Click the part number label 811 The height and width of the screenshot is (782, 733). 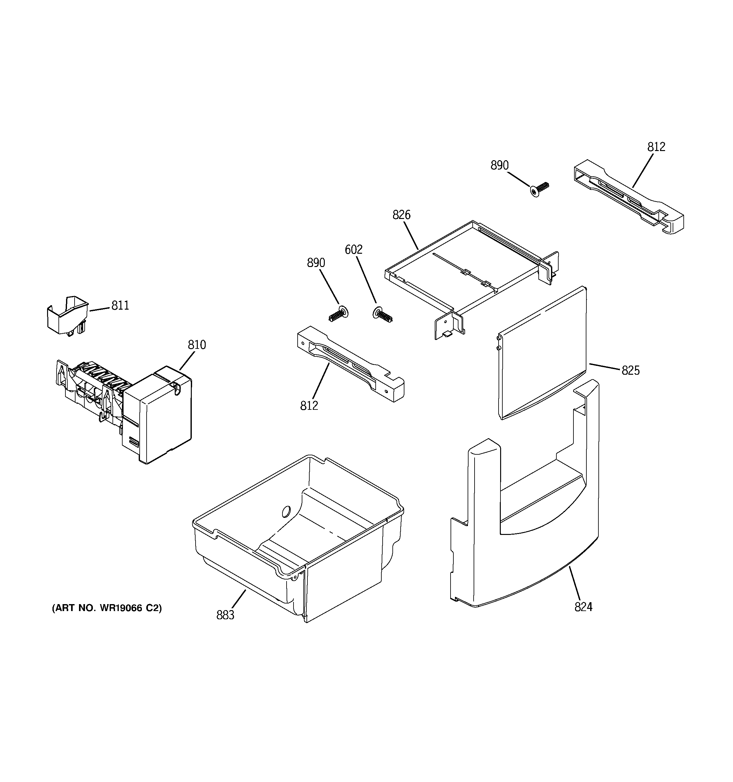tap(120, 305)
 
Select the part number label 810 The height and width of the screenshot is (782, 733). tap(197, 345)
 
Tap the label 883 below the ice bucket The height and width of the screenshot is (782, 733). tap(225, 615)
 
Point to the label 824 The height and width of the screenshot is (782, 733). tap(583, 607)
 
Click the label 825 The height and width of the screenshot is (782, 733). tap(630, 370)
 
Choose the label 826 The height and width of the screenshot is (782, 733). tap(401, 215)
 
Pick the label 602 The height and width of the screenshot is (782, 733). tap(353, 249)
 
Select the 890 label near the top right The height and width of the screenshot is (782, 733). tap(499, 165)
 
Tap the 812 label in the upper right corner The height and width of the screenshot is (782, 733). tap(656, 147)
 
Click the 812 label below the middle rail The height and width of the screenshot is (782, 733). tap(309, 406)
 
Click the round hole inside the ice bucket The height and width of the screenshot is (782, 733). tap(285, 511)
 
